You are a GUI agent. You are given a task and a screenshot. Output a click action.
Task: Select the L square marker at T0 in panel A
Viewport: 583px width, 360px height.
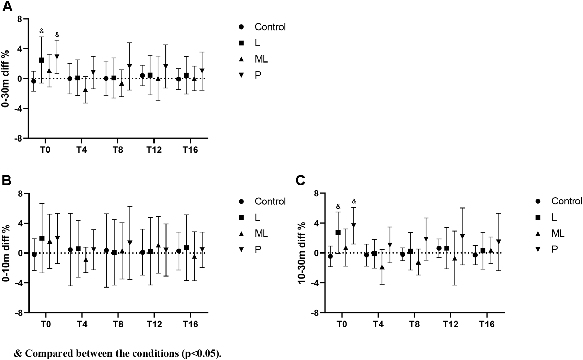click(41, 60)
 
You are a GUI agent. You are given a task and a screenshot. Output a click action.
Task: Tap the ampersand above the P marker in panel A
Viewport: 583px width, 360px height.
click(57, 34)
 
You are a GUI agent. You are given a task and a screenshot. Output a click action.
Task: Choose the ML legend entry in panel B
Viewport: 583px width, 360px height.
click(261, 234)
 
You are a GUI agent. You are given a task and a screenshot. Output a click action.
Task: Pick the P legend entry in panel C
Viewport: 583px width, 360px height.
click(555, 250)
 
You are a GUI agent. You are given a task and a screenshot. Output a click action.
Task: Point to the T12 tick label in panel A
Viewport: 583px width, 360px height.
click(154, 150)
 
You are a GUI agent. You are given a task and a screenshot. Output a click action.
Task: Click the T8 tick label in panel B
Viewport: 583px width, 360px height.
click(118, 325)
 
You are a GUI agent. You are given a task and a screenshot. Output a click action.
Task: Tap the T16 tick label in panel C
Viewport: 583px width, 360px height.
click(487, 325)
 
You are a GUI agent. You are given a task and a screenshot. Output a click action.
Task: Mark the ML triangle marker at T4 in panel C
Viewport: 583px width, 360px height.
click(382, 267)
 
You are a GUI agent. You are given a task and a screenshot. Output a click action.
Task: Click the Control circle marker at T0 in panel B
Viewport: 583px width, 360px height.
click(34, 255)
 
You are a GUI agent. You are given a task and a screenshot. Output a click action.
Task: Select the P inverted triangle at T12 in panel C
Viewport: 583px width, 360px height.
click(462, 236)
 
